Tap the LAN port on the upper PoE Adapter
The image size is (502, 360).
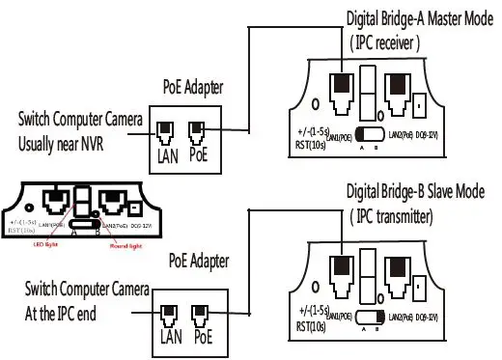point(166,129)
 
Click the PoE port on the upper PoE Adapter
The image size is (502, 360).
point(197,129)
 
